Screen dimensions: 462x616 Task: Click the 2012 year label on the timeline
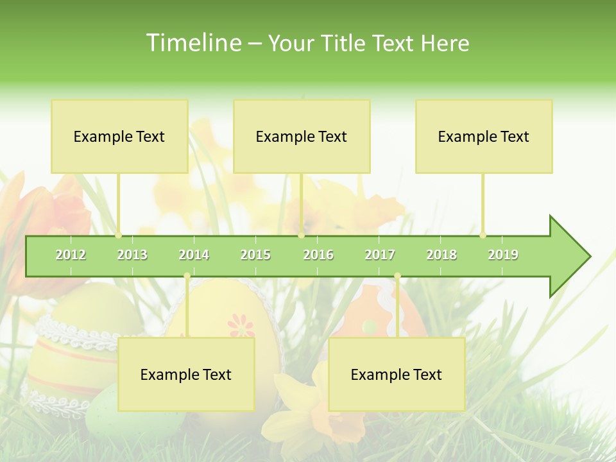[71, 255]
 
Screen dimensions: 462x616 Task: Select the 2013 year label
[132, 255]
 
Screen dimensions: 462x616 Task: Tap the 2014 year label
[194, 255]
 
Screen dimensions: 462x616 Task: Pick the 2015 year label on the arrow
[255, 255]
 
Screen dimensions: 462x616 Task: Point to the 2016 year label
[318, 255]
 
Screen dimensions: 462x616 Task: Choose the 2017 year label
[380, 255]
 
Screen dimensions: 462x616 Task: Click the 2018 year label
[441, 255]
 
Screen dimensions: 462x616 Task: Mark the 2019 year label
[503, 255]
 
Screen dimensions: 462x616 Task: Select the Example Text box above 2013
[119, 136]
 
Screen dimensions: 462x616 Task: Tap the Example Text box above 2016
[302, 136]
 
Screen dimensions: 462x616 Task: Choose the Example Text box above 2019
[484, 136]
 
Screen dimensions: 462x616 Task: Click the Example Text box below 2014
[186, 374]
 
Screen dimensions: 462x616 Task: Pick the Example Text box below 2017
[397, 374]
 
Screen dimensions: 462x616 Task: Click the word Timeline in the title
[193, 43]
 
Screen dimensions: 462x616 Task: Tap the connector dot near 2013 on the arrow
[118, 235]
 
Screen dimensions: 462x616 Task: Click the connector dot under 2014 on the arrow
[187, 276]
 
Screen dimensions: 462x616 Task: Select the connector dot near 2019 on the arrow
[483, 235]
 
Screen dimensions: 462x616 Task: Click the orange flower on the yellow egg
[241, 325]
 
